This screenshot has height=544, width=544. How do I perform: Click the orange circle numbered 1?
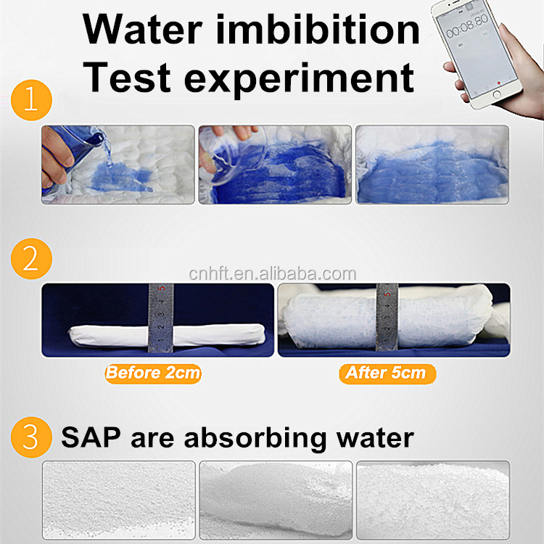pos(31,100)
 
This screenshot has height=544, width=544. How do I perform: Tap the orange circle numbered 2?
pos(31,258)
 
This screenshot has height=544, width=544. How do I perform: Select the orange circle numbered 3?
pos(31,437)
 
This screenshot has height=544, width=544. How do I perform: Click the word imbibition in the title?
pos(318,30)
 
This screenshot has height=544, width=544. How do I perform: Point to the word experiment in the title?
pos(299,80)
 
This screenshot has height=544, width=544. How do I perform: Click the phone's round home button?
pos(496,94)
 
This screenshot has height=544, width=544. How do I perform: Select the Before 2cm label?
pos(153,374)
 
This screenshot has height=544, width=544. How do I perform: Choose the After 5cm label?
pos(387,374)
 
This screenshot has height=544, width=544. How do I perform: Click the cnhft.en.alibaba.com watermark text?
pos(272,274)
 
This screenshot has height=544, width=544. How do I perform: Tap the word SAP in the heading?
pos(91,437)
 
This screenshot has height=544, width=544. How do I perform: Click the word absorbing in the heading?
pos(255,439)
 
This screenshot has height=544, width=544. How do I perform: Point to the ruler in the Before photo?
pos(161,318)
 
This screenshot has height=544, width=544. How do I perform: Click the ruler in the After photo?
pos(387,317)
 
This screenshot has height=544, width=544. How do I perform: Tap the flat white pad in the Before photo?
pos(167,335)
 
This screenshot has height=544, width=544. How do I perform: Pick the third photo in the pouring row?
pos(432,165)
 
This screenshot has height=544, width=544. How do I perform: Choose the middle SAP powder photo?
pos(276,500)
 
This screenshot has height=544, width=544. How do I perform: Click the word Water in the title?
pos(142,30)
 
